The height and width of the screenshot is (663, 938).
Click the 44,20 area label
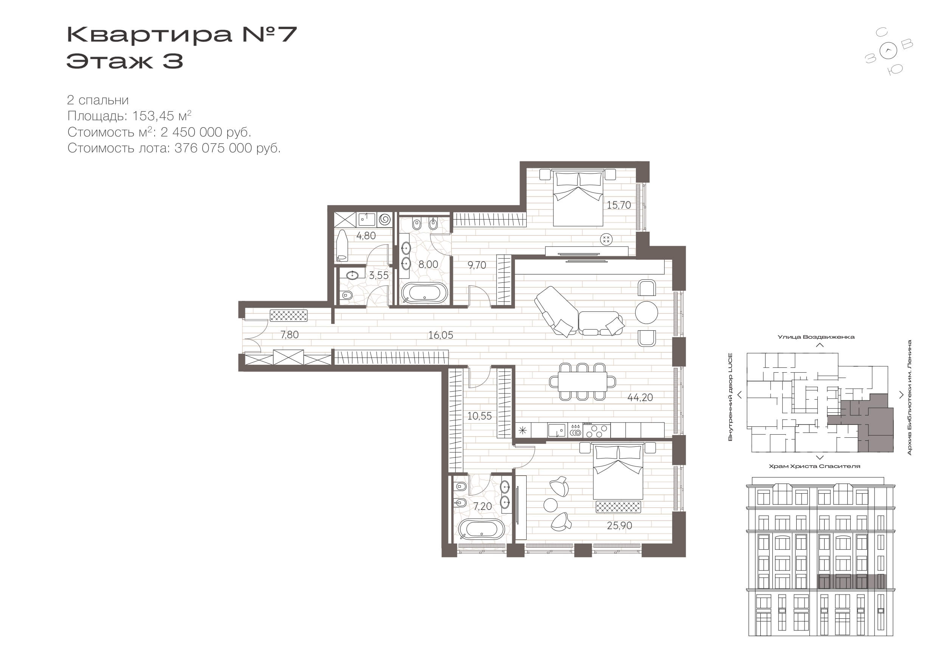pyautogui.click(x=640, y=398)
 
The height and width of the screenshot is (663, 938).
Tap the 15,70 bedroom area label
pyautogui.click(x=619, y=205)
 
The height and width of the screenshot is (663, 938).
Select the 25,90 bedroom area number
pyautogui.click(x=619, y=526)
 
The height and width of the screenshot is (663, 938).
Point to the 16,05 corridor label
pyautogui.click(x=440, y=335)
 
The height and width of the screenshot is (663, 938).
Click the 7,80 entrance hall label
pyautogui.click(x=289, y=335)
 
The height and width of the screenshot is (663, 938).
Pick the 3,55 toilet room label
pyautogui.click(x=379, y=276)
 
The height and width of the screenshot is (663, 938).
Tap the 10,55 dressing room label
pyautogui.click(x=479, y=416)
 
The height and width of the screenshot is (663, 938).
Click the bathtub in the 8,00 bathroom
pyautogui.click(x=424, y=293)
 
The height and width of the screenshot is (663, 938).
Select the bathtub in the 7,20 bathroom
pyautogui.click(x=482, y=530)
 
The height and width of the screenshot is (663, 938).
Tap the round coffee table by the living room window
pyautogui.click(x=646, y=313)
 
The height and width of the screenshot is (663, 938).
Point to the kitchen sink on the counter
pyautogui.click(x=557, y=431)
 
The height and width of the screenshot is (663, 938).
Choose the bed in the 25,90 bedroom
pyautogui.click(x=618, y=472)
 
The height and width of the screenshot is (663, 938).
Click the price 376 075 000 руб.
pyautogui.click(x=228, y=148)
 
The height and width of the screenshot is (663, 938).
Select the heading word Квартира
pyautogui.click(x=149, y=34)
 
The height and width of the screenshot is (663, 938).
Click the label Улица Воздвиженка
pyautogui.click(x=816, y=337)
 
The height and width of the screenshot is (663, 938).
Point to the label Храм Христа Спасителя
pyautogui.click(x=814, y=466)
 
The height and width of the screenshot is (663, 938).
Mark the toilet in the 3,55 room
pyautogui.click(x=346, y=295)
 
